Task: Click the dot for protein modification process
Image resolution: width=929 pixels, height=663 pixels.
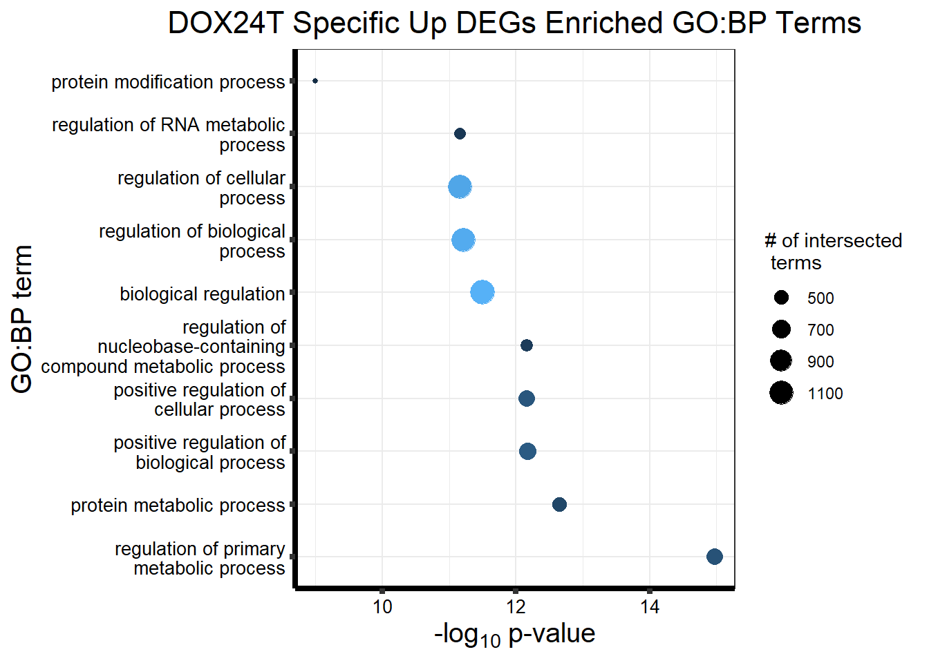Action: pos(315,81)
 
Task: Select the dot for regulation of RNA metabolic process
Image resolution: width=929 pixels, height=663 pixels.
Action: pos(460,133)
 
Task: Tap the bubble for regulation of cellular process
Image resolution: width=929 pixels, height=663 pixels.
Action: pos(460,186)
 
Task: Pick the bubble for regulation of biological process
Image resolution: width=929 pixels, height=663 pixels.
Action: pos(463,240)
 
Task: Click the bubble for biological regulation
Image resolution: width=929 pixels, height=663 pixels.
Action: pos(482,292)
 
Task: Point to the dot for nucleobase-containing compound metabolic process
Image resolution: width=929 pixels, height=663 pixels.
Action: pos(527,345)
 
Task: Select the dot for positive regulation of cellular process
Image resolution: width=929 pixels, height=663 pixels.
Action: pos(527,398)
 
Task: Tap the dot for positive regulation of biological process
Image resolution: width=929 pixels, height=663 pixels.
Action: pos(527,451)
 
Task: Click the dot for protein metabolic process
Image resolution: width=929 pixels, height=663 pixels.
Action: pos(559,504)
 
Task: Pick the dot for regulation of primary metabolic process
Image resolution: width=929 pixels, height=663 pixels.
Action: pos(715,557)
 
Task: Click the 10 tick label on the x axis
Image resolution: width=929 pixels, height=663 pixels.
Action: pos(382,607)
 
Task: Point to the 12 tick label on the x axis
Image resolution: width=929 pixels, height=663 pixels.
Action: pos(516,607)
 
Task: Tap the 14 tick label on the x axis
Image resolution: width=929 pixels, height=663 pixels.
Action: pos(650,607)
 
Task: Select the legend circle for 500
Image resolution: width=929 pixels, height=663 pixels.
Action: pos(781,298)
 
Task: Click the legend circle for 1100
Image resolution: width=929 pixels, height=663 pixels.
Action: pos(781,393)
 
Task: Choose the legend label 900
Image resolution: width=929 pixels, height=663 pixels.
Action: pos(820,362)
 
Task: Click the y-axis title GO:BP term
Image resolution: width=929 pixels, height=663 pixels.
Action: pos(22,319)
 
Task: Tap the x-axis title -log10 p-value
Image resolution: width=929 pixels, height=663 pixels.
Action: pos(514,634)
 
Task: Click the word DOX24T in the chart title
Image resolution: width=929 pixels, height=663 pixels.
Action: pos(226,23)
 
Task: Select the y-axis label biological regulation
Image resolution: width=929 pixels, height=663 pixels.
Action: pos(202,294)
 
